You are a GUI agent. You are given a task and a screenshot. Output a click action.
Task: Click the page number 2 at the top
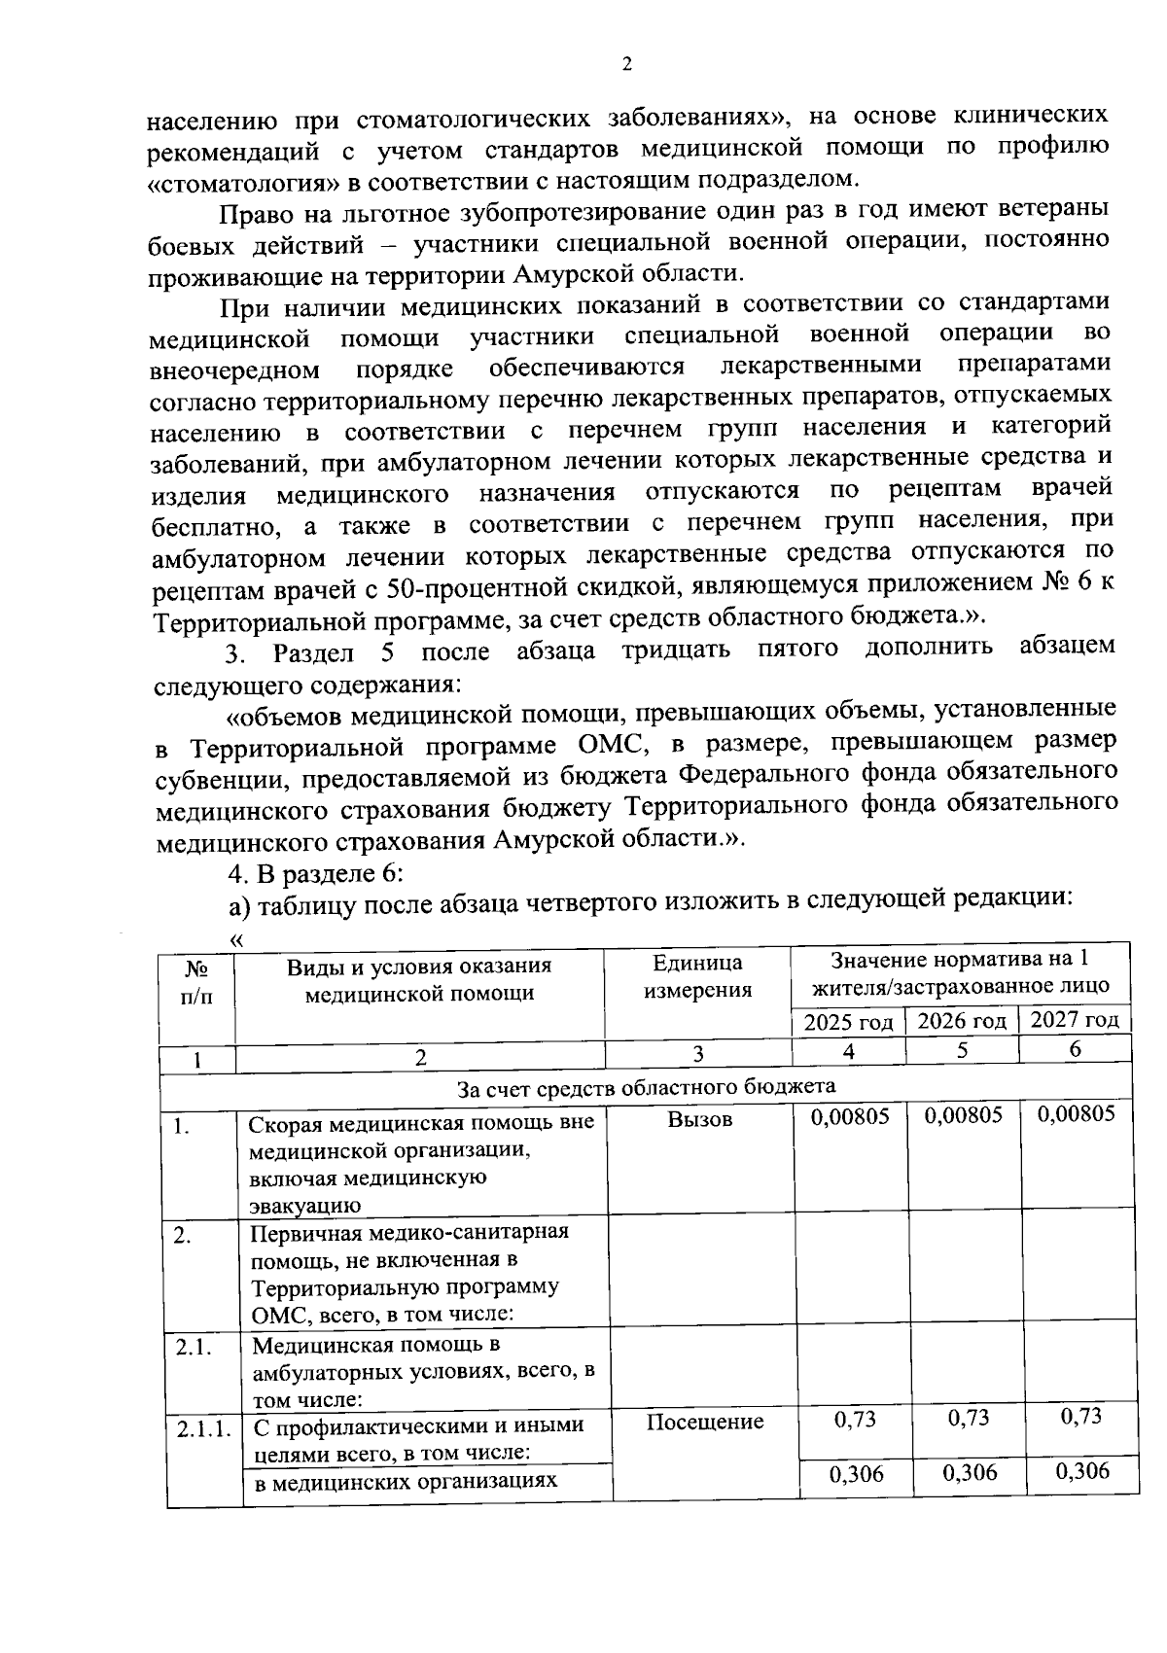point(626,65)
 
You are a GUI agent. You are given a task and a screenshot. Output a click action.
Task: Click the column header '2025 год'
point(848,1023)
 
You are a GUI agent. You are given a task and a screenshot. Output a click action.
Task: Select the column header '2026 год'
point(962,1021)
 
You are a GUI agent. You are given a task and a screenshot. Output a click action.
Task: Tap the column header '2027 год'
point(1075,1019)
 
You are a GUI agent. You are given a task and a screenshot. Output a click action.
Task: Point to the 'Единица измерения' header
point(697,976)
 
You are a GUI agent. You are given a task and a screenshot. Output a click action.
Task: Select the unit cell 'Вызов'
point(700,1119)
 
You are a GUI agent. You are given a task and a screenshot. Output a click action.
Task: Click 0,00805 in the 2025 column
point(850,1116)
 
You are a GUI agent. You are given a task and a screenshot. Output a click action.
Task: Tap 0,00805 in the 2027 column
point(1077,1113)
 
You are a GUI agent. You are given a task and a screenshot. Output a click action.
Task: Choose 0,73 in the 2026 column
point(969,1418)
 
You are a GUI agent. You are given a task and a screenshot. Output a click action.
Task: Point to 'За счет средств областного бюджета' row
point(647,1086)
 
